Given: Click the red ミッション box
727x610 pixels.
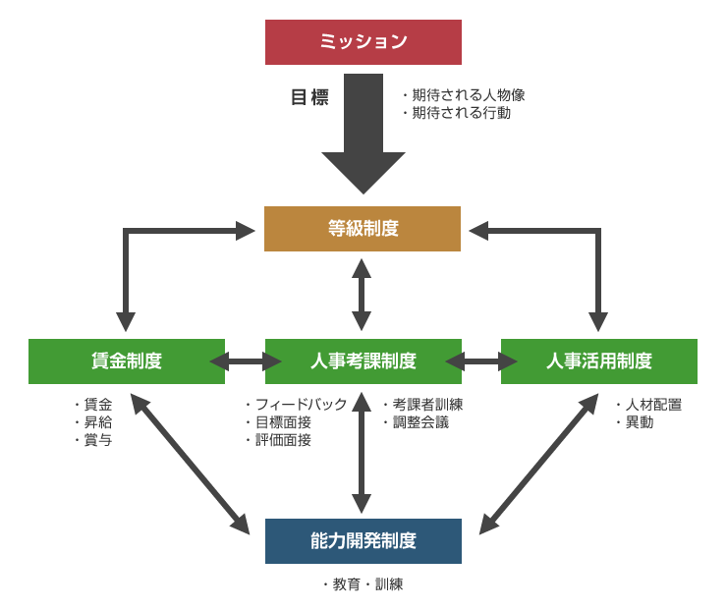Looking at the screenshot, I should (x=363, y=41).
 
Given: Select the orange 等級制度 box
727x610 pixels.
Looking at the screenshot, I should (x=363, y=228).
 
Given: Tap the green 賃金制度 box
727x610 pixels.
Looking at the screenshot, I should (x=126, y=360).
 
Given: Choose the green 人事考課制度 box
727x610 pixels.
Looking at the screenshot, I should (x=363, y=360).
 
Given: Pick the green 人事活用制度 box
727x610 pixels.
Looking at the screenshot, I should (x=598, y=360).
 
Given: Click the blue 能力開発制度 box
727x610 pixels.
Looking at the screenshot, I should (x=363, y=540).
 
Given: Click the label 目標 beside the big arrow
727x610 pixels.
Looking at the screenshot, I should (x=309, y=97).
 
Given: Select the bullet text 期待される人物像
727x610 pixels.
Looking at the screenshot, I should (x=468, y=95).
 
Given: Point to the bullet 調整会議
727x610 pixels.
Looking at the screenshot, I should (x=420, y=422).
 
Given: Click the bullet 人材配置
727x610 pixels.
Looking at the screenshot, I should (x=652, y=405).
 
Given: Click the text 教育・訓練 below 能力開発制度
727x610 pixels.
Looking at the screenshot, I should (x=366, y=584).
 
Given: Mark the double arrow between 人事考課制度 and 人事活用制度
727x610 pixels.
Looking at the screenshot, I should (x=480, y=361).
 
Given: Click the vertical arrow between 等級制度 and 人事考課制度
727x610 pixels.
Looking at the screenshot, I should (x=363, y=295).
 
